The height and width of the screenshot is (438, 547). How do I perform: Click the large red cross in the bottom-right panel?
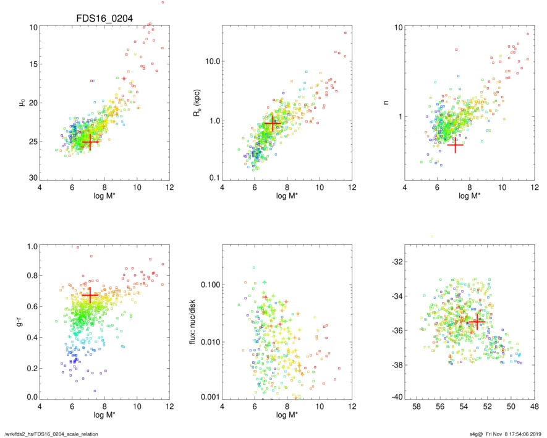coord(475,321)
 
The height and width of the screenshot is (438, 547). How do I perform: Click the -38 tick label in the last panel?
coord(393,365)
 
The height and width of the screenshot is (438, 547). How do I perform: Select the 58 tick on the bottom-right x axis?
coord(417,408)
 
